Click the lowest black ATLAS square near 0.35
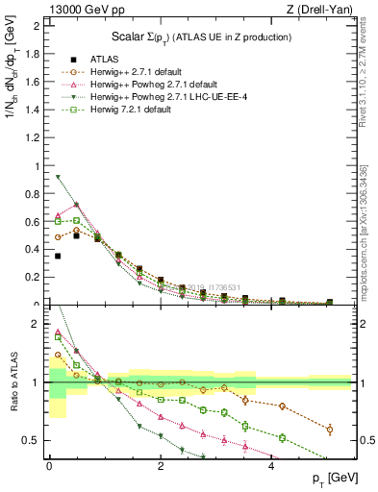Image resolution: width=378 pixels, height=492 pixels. (59, 257)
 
